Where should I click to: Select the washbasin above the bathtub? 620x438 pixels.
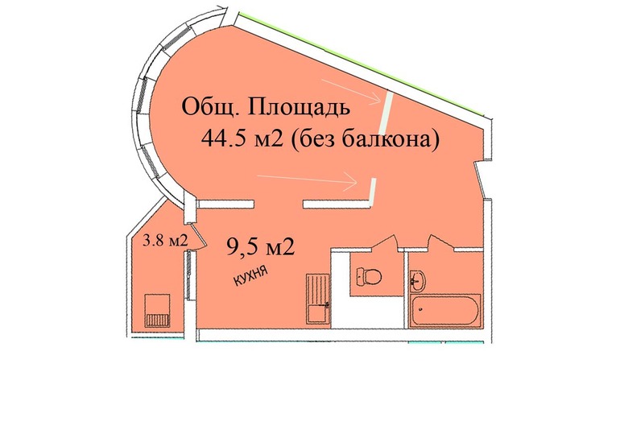point(418,280)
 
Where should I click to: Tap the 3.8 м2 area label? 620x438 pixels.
point(164,239)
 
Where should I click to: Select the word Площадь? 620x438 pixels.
point(300,107)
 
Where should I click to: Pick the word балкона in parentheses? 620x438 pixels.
point(400,138)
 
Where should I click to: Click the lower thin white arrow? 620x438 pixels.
point(310,179)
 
